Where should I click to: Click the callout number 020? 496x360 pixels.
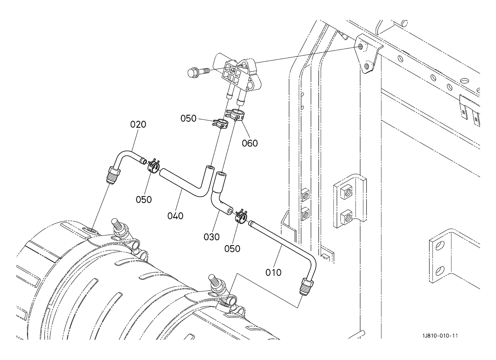coord(138,124)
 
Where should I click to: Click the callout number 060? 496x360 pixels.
coord(250,143)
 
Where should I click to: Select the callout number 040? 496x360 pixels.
coord(176,216)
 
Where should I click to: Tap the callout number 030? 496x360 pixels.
coord(212,237)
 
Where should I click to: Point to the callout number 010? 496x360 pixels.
coord(273,273)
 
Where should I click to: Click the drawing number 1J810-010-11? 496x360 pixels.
coord(440,336)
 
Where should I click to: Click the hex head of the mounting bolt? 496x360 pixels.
coord(192,72)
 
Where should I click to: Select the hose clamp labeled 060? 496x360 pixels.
coord(236,114)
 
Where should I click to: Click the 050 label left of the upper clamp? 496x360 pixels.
coord(188,118)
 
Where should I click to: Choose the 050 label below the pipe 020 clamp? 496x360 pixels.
coord(144,200)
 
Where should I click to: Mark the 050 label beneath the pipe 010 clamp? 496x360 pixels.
coord(232,249)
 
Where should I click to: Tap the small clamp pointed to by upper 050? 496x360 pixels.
coord(220,124)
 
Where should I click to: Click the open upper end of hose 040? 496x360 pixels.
coord(210,167)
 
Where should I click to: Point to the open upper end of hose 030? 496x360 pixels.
coord(221,174)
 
